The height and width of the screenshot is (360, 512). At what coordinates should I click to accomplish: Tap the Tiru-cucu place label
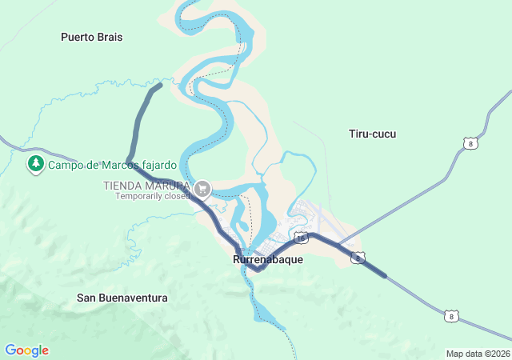click(373, 134)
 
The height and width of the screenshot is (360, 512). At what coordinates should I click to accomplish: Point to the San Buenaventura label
click(122, 298)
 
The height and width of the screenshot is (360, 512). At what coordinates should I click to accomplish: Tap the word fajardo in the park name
click(154, 166)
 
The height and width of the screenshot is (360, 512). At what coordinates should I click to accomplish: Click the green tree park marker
click(35, 165)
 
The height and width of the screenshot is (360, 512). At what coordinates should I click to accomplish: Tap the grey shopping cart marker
click(203, 189)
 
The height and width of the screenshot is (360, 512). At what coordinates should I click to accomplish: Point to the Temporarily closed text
click(153, 195)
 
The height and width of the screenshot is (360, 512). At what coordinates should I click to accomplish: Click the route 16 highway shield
click(301, 238)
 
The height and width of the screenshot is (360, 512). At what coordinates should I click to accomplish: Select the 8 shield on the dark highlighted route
click(358, 258)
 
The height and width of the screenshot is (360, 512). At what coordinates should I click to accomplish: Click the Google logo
click(26, 350)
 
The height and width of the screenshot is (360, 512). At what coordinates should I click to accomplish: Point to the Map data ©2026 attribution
click(477, 354)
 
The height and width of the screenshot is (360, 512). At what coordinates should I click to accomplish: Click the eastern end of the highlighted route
click(385, 276)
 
